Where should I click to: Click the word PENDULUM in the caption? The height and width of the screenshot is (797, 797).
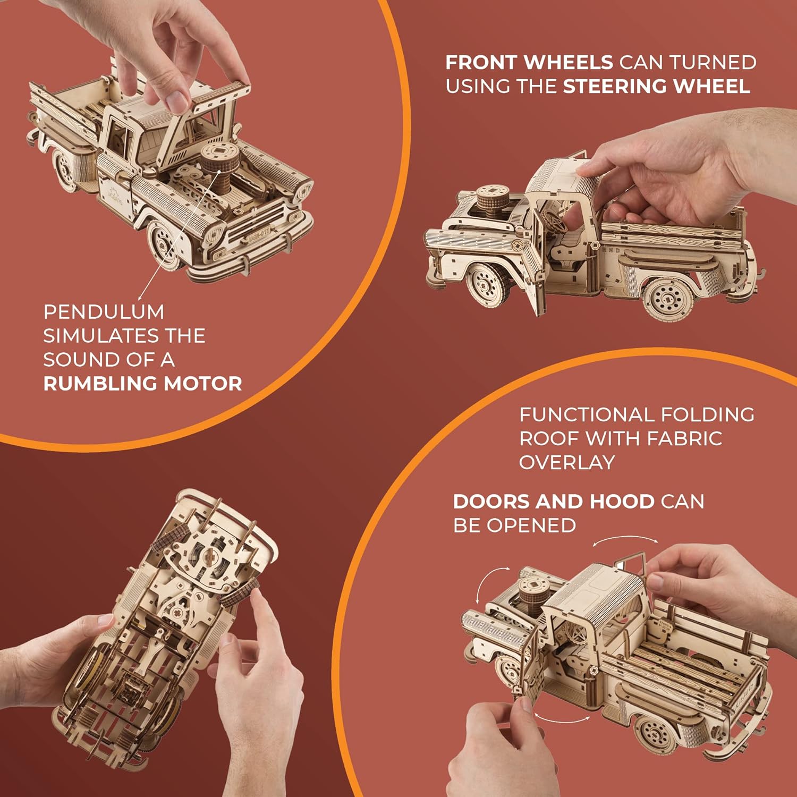point(104,312)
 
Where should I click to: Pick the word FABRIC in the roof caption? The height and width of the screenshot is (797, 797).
point(685,439)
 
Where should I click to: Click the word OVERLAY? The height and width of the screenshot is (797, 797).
point(567,463)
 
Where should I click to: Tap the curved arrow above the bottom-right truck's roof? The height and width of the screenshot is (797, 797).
point(625,539)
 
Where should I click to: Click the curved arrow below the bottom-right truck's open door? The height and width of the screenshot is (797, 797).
point(561,718)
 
